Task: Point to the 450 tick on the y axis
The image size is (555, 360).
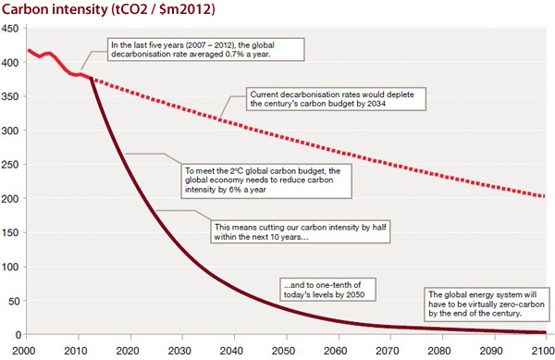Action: tap(11, 29)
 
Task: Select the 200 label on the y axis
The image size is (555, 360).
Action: tap(11, 198)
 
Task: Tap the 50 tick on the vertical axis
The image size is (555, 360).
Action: tap(14, 300)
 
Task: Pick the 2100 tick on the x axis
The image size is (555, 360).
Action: tap(541, 349)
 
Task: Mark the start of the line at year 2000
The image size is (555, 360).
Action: tap(29, 50)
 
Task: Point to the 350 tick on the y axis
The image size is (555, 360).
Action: tap(11, 96)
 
